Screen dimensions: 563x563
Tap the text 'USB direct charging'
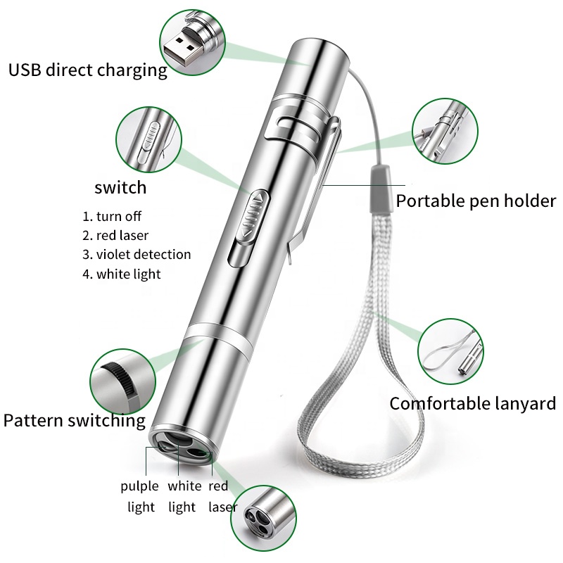pyautogui.click(x=87, y=70)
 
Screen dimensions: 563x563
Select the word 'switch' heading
pyautogui.click(x=120, y=187)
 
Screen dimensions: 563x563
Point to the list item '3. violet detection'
pyautogui.click(x=137, y=255)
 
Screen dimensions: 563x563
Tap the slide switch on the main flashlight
pyautogui.click(x=251, y=215)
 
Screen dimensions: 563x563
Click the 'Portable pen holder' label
pyautogui.click(x=476, y=201)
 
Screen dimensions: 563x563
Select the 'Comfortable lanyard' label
pyautogui.click(x=473, y=403)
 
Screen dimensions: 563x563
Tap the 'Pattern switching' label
pyautogui.click(x=74, y=422)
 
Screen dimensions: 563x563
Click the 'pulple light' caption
pyautogui.click(x=139, y=496)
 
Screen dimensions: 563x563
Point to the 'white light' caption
pyautogui.click(x=184, y=496)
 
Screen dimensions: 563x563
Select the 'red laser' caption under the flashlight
pyautogui.click(x=220, y=496)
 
